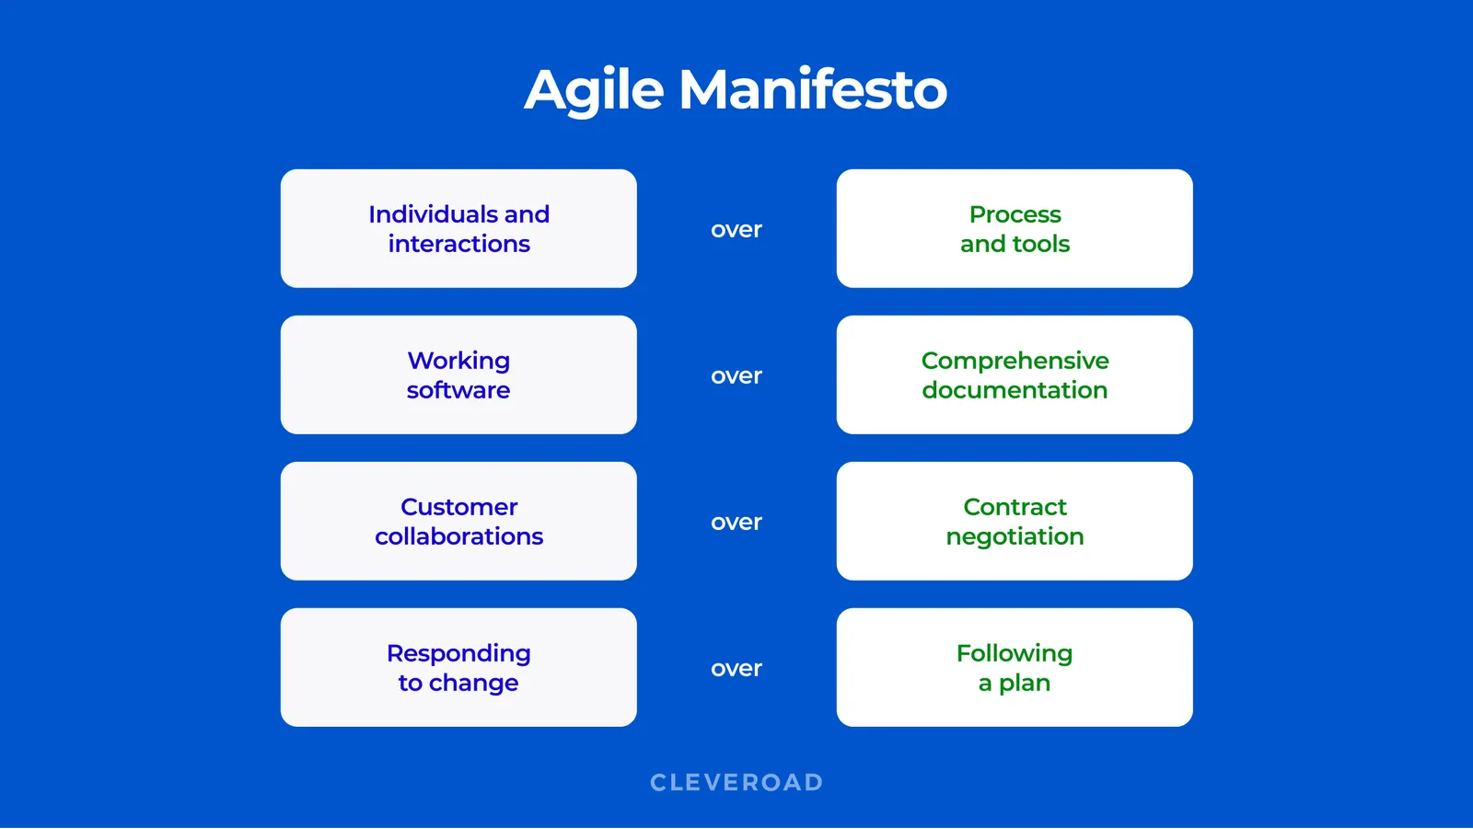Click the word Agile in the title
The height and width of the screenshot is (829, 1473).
tap(594, 90)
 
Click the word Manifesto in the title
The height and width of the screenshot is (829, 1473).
tap(813, 90)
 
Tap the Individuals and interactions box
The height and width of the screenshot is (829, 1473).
tap(458, 228)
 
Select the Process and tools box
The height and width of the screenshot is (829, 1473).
tap(1015, 228)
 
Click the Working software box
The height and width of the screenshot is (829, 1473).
tap(458, 374)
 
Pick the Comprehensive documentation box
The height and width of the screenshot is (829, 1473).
tap(1015, 374)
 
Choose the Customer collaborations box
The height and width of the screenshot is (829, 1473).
tap(458, 521)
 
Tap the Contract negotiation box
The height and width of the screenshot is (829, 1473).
tap(1015, 521)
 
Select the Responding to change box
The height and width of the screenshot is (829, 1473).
tap(458, 667)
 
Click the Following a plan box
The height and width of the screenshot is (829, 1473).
tap(1015, 667)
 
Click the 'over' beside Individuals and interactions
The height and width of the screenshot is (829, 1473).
tap(736, 230)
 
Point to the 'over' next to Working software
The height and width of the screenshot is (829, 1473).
tap(736, 376)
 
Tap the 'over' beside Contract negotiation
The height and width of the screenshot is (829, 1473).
tap(736, 523)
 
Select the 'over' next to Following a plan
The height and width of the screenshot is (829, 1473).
tap(736, 669)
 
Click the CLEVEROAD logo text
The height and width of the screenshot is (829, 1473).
tap(736, 782)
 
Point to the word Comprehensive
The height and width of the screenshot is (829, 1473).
tap(1015, 361)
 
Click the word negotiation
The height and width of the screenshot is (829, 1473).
tap(1015, 536)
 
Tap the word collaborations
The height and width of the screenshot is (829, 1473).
tap(458, 536)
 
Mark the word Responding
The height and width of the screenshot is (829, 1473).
tap(458, 653)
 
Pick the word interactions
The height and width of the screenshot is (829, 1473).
tap(458, 244)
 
